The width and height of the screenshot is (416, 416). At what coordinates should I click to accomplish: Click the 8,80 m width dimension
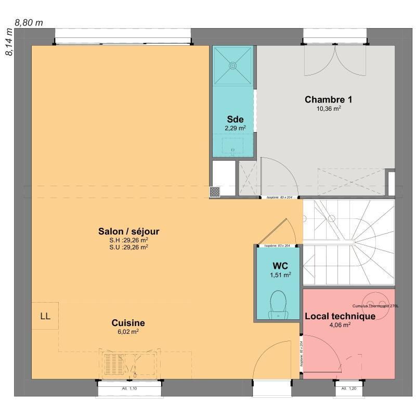pyautogui.click(x=29, y=22)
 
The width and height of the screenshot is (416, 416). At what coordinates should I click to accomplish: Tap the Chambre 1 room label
pyautogui.click(x=324, y=99)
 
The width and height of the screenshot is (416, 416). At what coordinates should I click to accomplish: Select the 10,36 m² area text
pyautogui.click(x=329, y=109)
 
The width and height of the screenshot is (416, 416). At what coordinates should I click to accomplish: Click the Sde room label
pyautogui.click(x=235, y=119)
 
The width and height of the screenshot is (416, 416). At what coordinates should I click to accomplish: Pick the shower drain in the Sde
pyautogui.click(x=232, y=66)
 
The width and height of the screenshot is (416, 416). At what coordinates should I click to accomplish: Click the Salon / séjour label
pyautogui.click(x=128, y=231)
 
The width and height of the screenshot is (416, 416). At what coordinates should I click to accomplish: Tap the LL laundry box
pyautogui.click(x=45, y=316)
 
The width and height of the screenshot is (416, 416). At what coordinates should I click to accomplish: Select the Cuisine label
pyautogui.click(x=128, y=322)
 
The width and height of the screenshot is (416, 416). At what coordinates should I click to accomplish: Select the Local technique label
pyautogui.click(x=340, y=316)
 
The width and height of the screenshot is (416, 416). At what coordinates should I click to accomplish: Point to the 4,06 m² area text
pyautogui.click(x=340, y=325)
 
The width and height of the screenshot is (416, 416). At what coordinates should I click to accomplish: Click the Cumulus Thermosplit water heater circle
pyautogui.click(x=372, y=300)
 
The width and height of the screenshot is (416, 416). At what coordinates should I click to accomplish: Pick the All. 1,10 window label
pyautogui.click(x=129, y=388)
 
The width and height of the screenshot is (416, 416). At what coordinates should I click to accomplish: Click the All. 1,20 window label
pyautogui.click(x=348, y=388)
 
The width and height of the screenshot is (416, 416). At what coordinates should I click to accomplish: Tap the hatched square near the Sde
pyautogui.click(x=215, y=191)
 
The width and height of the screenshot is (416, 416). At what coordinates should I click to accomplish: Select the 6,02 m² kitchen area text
pyautogui.click(x=128, y=331)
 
